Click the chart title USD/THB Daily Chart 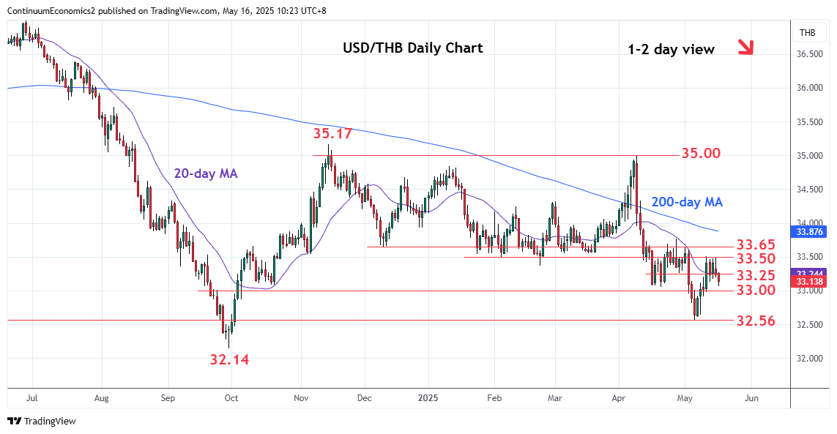pos(413,48)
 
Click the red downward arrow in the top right pos(745,48)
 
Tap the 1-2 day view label pos(671,50)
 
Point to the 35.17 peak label pos(333,134)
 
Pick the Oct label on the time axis pos(231,399)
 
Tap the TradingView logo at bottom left pos(41,421)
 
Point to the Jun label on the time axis pos(751,399)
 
